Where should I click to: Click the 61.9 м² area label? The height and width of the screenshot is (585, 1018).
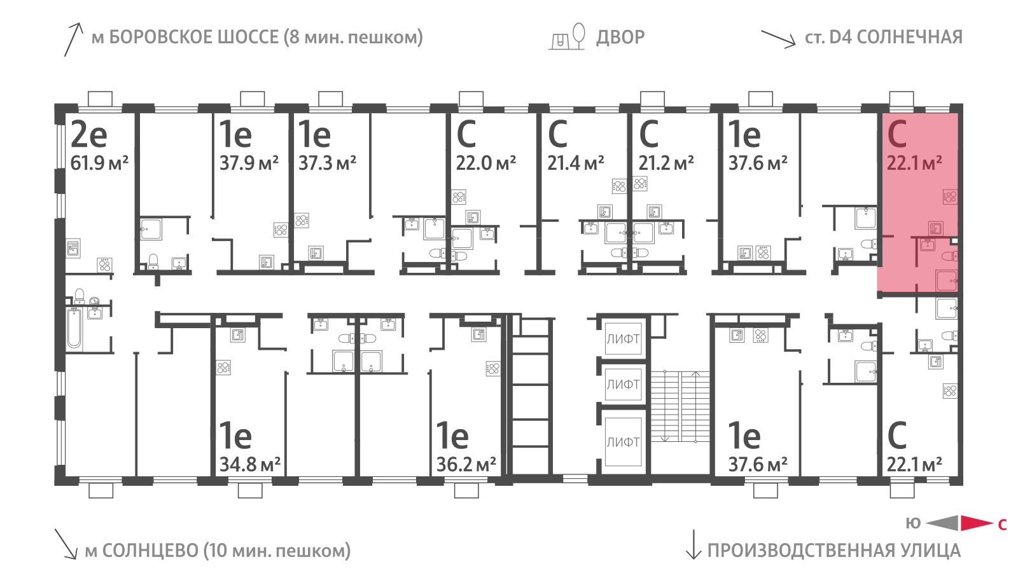99,163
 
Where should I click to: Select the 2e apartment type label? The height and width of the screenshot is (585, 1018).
88,134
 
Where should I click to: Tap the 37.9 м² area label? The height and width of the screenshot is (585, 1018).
249,163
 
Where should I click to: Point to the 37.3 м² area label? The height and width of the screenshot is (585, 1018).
327,163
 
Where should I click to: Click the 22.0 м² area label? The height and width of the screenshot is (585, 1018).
485,163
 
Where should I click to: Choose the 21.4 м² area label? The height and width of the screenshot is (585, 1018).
576,163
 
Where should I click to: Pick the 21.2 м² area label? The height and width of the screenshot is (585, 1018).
666,163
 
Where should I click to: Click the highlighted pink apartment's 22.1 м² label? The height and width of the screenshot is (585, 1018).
914,163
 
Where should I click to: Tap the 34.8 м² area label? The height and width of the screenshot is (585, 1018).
250,465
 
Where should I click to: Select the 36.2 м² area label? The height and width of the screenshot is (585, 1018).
466,465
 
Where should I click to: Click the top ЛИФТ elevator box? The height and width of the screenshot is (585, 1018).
623,339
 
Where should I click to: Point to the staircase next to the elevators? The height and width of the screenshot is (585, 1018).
680,406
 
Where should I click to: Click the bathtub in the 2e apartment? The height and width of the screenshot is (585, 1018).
74,328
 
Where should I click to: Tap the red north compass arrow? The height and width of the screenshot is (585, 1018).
976,523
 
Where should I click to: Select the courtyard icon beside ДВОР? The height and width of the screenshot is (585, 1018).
567,37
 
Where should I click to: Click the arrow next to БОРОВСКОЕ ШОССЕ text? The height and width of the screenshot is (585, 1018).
73,39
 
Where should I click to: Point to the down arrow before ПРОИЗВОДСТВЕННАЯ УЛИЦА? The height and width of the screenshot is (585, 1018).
693,545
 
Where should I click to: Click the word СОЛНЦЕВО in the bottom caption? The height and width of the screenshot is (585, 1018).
150,551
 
